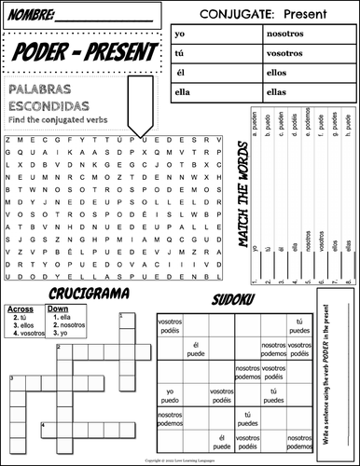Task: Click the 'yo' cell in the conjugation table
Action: [178, 33]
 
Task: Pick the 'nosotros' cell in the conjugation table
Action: [281, 33]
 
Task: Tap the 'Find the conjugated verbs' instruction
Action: [56, 118]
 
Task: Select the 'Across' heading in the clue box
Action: [20, 308]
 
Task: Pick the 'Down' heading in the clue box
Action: [58, 308]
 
